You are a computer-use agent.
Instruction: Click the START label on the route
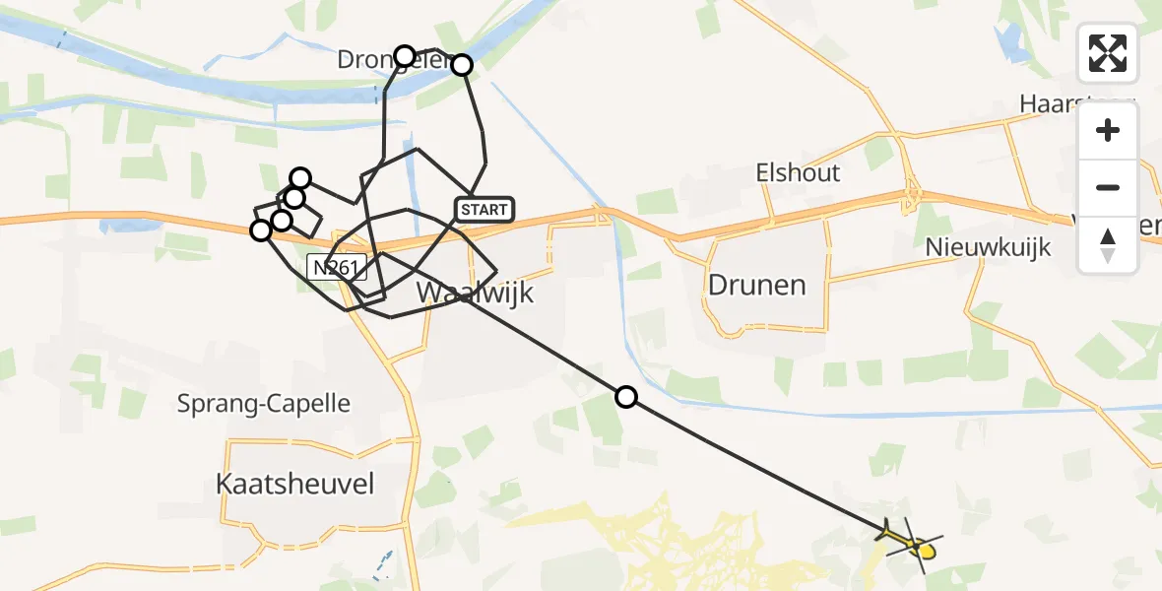[x=484, y=209]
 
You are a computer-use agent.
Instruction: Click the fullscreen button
[x=1108, y=53]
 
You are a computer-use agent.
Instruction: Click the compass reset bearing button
[x=1108, y=244]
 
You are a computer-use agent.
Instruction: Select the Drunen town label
[x=756, y=286]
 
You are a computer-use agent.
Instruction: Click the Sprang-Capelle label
[x=263, y=404]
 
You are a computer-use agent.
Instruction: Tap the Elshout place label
[x=798, y=173]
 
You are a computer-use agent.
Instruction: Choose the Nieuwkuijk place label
[x=988, y=247]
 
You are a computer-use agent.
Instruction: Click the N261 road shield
[x=336, y=268]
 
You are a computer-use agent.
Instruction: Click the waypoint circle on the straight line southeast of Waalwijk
[x=625, y=398]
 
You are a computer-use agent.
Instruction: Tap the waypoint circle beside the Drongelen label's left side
[x=404, y=55]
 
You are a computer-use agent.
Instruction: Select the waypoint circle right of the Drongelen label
[x=461, y=65]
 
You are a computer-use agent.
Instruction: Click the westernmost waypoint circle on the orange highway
[x=260, y=230]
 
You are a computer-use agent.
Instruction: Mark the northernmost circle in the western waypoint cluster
[x=300, y=178]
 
